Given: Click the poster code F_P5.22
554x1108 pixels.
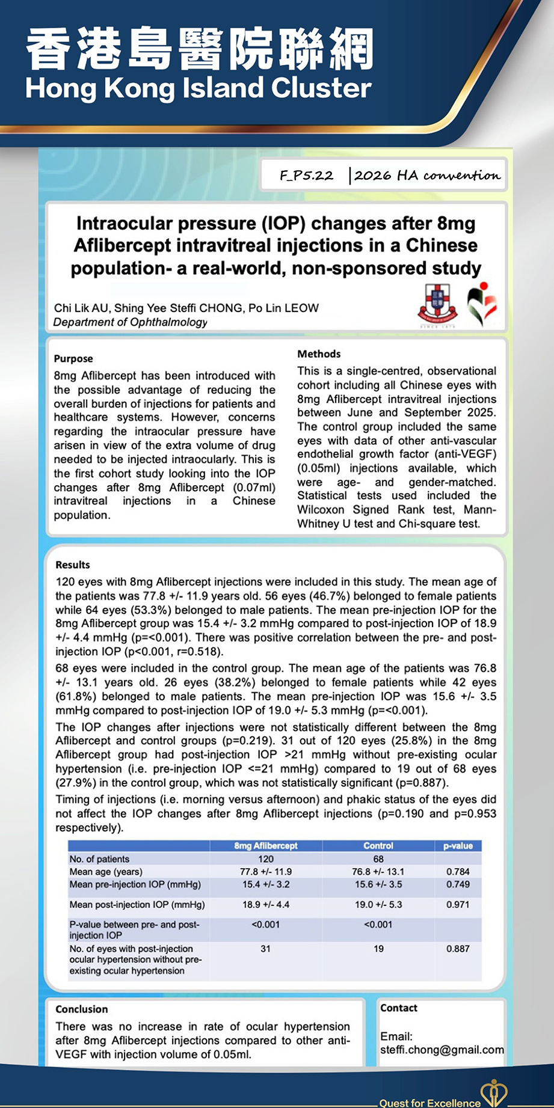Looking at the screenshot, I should tap(306, 176).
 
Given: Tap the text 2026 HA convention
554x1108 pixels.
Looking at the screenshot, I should tap(427, 176).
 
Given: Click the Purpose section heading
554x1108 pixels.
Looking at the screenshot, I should tap(73, 358).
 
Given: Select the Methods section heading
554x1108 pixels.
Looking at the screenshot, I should tap(319, 354).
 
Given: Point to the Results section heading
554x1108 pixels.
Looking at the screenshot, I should tap(73, 565).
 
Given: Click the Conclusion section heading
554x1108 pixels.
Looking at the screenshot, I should tap(82, 1009).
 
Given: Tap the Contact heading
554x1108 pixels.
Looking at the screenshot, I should tap(399, 1008).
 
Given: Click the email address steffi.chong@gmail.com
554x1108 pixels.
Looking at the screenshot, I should tap(442, 1050).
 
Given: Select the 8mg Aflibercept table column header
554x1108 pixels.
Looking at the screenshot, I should tap(266, 846).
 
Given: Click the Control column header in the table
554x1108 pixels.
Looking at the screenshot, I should tap(378, 846).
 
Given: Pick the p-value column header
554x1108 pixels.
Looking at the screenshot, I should tap(458, 846).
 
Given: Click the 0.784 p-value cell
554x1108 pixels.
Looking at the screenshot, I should tap(458, 872).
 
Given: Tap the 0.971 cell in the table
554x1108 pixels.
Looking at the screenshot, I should tap(458, 904).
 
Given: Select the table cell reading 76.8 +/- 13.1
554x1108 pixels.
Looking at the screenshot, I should tap(378, 872).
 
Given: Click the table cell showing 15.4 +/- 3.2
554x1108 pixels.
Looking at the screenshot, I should tap(266, 884).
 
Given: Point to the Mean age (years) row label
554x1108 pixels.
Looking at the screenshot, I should tap(106, 872).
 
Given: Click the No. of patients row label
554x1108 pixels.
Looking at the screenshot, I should tap(99, 859).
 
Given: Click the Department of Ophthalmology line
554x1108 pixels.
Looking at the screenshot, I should tap(130, 322).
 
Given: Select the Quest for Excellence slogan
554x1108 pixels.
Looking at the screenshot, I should tap(429, 1103).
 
